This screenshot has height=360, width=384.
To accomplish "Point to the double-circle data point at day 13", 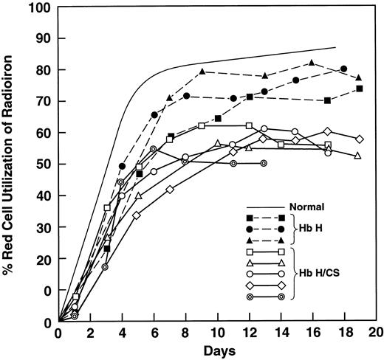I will pos(264,164).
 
